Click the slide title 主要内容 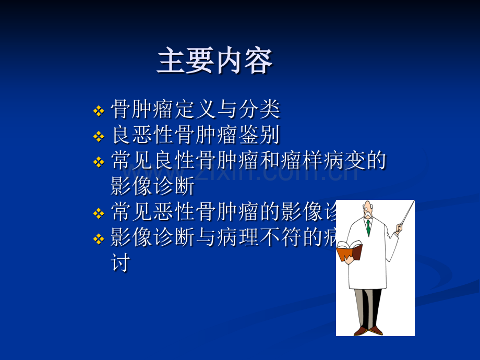click(x=214, y=62)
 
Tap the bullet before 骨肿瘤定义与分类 click(x=98, y=111)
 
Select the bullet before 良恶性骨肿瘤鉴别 click(x=98, y=137)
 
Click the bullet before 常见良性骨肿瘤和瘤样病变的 click(x=98, y=162)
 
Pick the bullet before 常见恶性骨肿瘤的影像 click(x=98, y=213)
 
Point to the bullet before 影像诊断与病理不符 click(x=98, y=239)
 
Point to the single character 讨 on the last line click(x=120, y=262)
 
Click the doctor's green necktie click(x=368, y=227)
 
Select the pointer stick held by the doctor click(x=406, y=214)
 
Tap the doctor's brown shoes click(x=368, y=330)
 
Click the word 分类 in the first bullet click(x=260, y=110)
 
